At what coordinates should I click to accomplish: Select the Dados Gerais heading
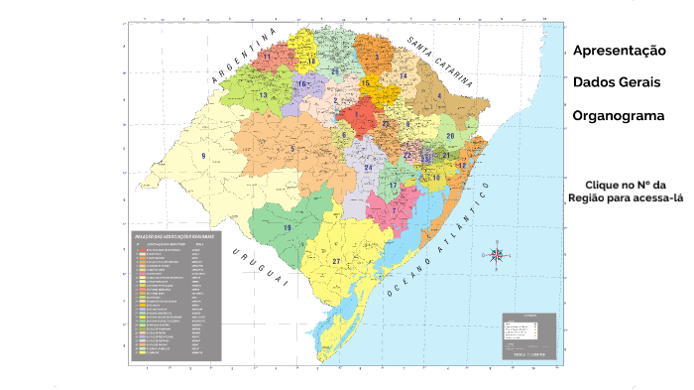click(x=616, y=82)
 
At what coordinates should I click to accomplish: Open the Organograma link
click(x=619, y=115)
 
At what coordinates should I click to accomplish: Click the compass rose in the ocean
click(x=499, y=255)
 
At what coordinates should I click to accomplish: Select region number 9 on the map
click(x=203, y=156)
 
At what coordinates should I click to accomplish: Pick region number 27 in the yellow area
click(x=336, y=261)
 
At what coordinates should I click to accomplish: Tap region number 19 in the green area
click(x=288, y=227)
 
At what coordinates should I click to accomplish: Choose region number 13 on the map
click(x=263, y=95)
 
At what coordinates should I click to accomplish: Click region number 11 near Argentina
click(x=266, y=58)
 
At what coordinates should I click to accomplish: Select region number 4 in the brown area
click(x=439, y=96)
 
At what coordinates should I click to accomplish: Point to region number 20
click(x=450, y=136)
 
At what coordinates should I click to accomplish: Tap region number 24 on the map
click(x=368, y=168)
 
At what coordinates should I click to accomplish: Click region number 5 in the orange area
click(x=292, y=149)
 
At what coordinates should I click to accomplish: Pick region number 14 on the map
click(x=403, y=75)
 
